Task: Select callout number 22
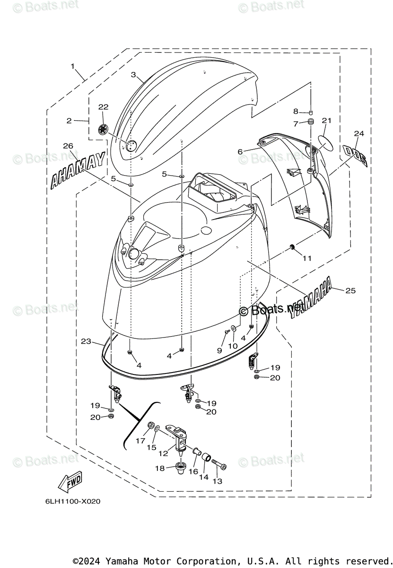click(x=103, y=107)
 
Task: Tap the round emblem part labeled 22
click(x=104, y=128)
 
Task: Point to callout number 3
click(x=133, y=75)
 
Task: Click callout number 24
click(x=359, y=134)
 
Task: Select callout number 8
click(x=296, y=112)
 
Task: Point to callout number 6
click(x=240, y=151)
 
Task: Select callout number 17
click(x=140, y=440)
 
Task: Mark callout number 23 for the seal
click(x=86, y=341)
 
